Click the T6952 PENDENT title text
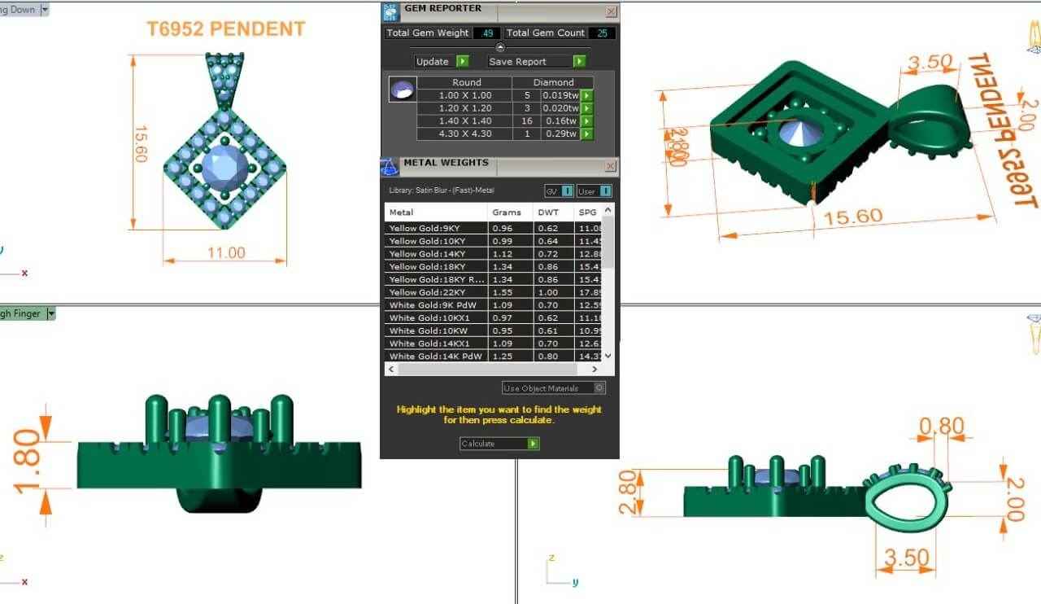tap(225, 29)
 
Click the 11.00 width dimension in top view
tap(225, 253)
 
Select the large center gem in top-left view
tap(224, 168)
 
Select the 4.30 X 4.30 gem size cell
tap(465, 134)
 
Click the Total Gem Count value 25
tap(601, 33)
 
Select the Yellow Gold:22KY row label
tap(426, 291)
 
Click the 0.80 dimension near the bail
tap(941, 427)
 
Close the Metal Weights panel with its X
tap(610, 166)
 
